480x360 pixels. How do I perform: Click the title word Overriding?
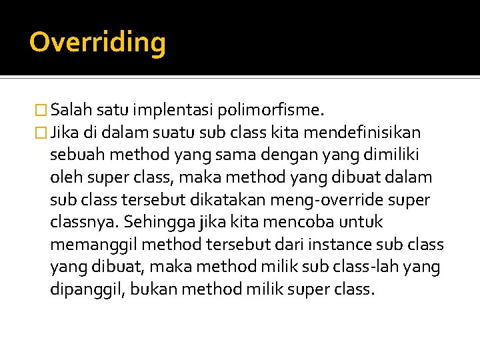tap(97, 42)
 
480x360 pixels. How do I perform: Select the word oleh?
tap(65, 177)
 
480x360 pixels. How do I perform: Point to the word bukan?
tap(150, 290)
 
